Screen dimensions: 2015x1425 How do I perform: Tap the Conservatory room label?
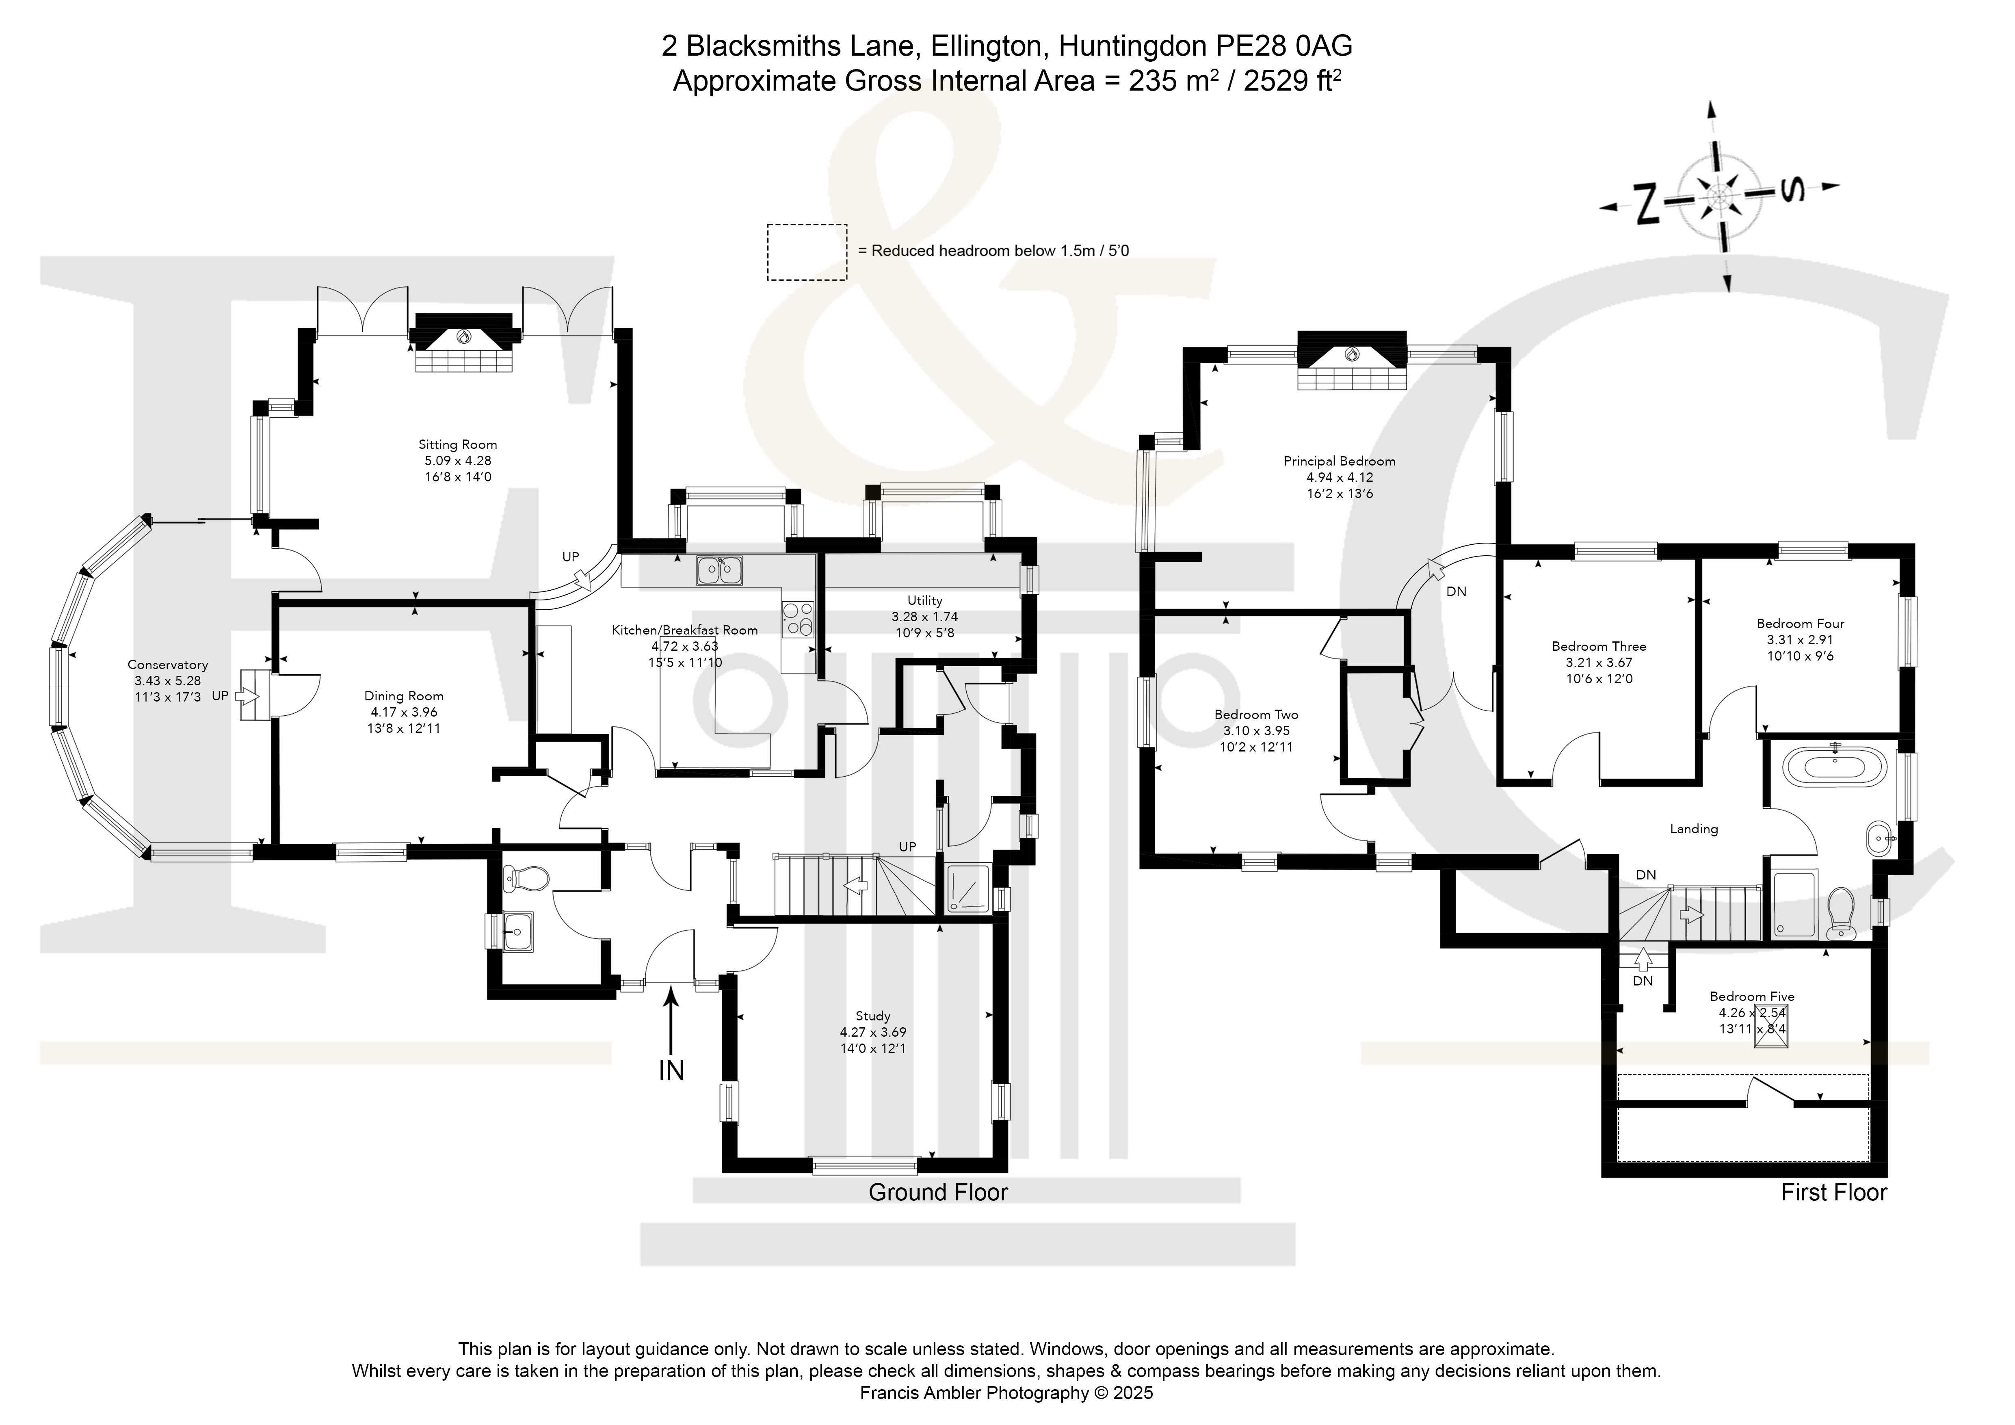click(168, 665)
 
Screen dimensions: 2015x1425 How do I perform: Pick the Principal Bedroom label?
click(1339, 461)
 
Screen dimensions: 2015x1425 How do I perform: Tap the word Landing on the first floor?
click(1694, 828)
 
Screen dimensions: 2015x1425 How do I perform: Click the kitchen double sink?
click(720, 570)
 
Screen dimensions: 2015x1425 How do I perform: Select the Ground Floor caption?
click(938, 1193)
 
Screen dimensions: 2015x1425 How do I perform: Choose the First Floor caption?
click(1833, 1193)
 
